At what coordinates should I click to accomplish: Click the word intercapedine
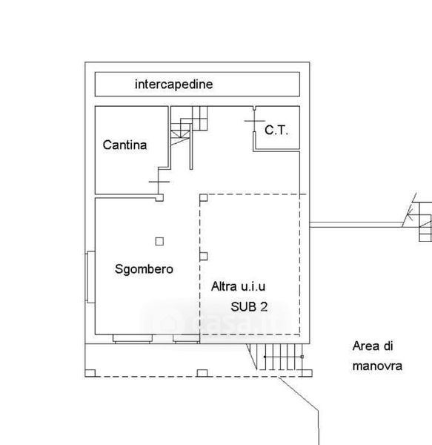tap(174, 85)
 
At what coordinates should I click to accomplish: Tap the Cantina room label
tap(124, 145)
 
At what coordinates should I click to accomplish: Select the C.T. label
tap(276, 131)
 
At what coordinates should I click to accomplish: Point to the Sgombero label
tap(144, 269)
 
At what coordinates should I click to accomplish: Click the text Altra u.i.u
tap(238, 286)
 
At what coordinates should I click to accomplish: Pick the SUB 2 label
tap(249, 307)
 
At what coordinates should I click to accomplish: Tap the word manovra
tap(377, 366)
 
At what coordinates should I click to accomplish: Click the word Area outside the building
tap(365, 346)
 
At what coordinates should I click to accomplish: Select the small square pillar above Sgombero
tap(159, 242)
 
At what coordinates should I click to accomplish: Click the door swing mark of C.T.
tap(254, 121)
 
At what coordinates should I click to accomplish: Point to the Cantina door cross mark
tap(159, 182)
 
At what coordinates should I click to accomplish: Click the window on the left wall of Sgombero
tap(90, 277)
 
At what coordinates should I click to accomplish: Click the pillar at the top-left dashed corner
tap(204, 198)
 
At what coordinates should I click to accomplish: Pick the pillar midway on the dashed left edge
tap(204, 257)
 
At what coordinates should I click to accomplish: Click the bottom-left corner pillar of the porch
tap(90, 373)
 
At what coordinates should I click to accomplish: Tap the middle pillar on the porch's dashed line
tap(202, 373)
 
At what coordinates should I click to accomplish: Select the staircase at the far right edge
tap(417, 217)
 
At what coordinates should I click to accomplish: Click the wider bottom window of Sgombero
tap(133, 339)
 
